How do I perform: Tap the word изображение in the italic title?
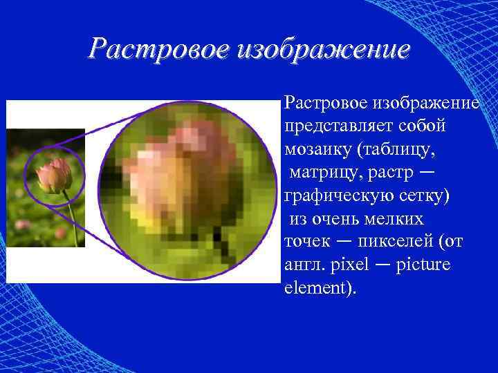[x=322, y=50]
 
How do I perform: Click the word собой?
[x=423, y=126]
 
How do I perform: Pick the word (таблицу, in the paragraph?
[x=401, y=149]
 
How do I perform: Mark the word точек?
[x=304, y=242]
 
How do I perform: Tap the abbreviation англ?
[x=302, y=265]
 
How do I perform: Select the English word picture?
[x=424, y=265]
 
